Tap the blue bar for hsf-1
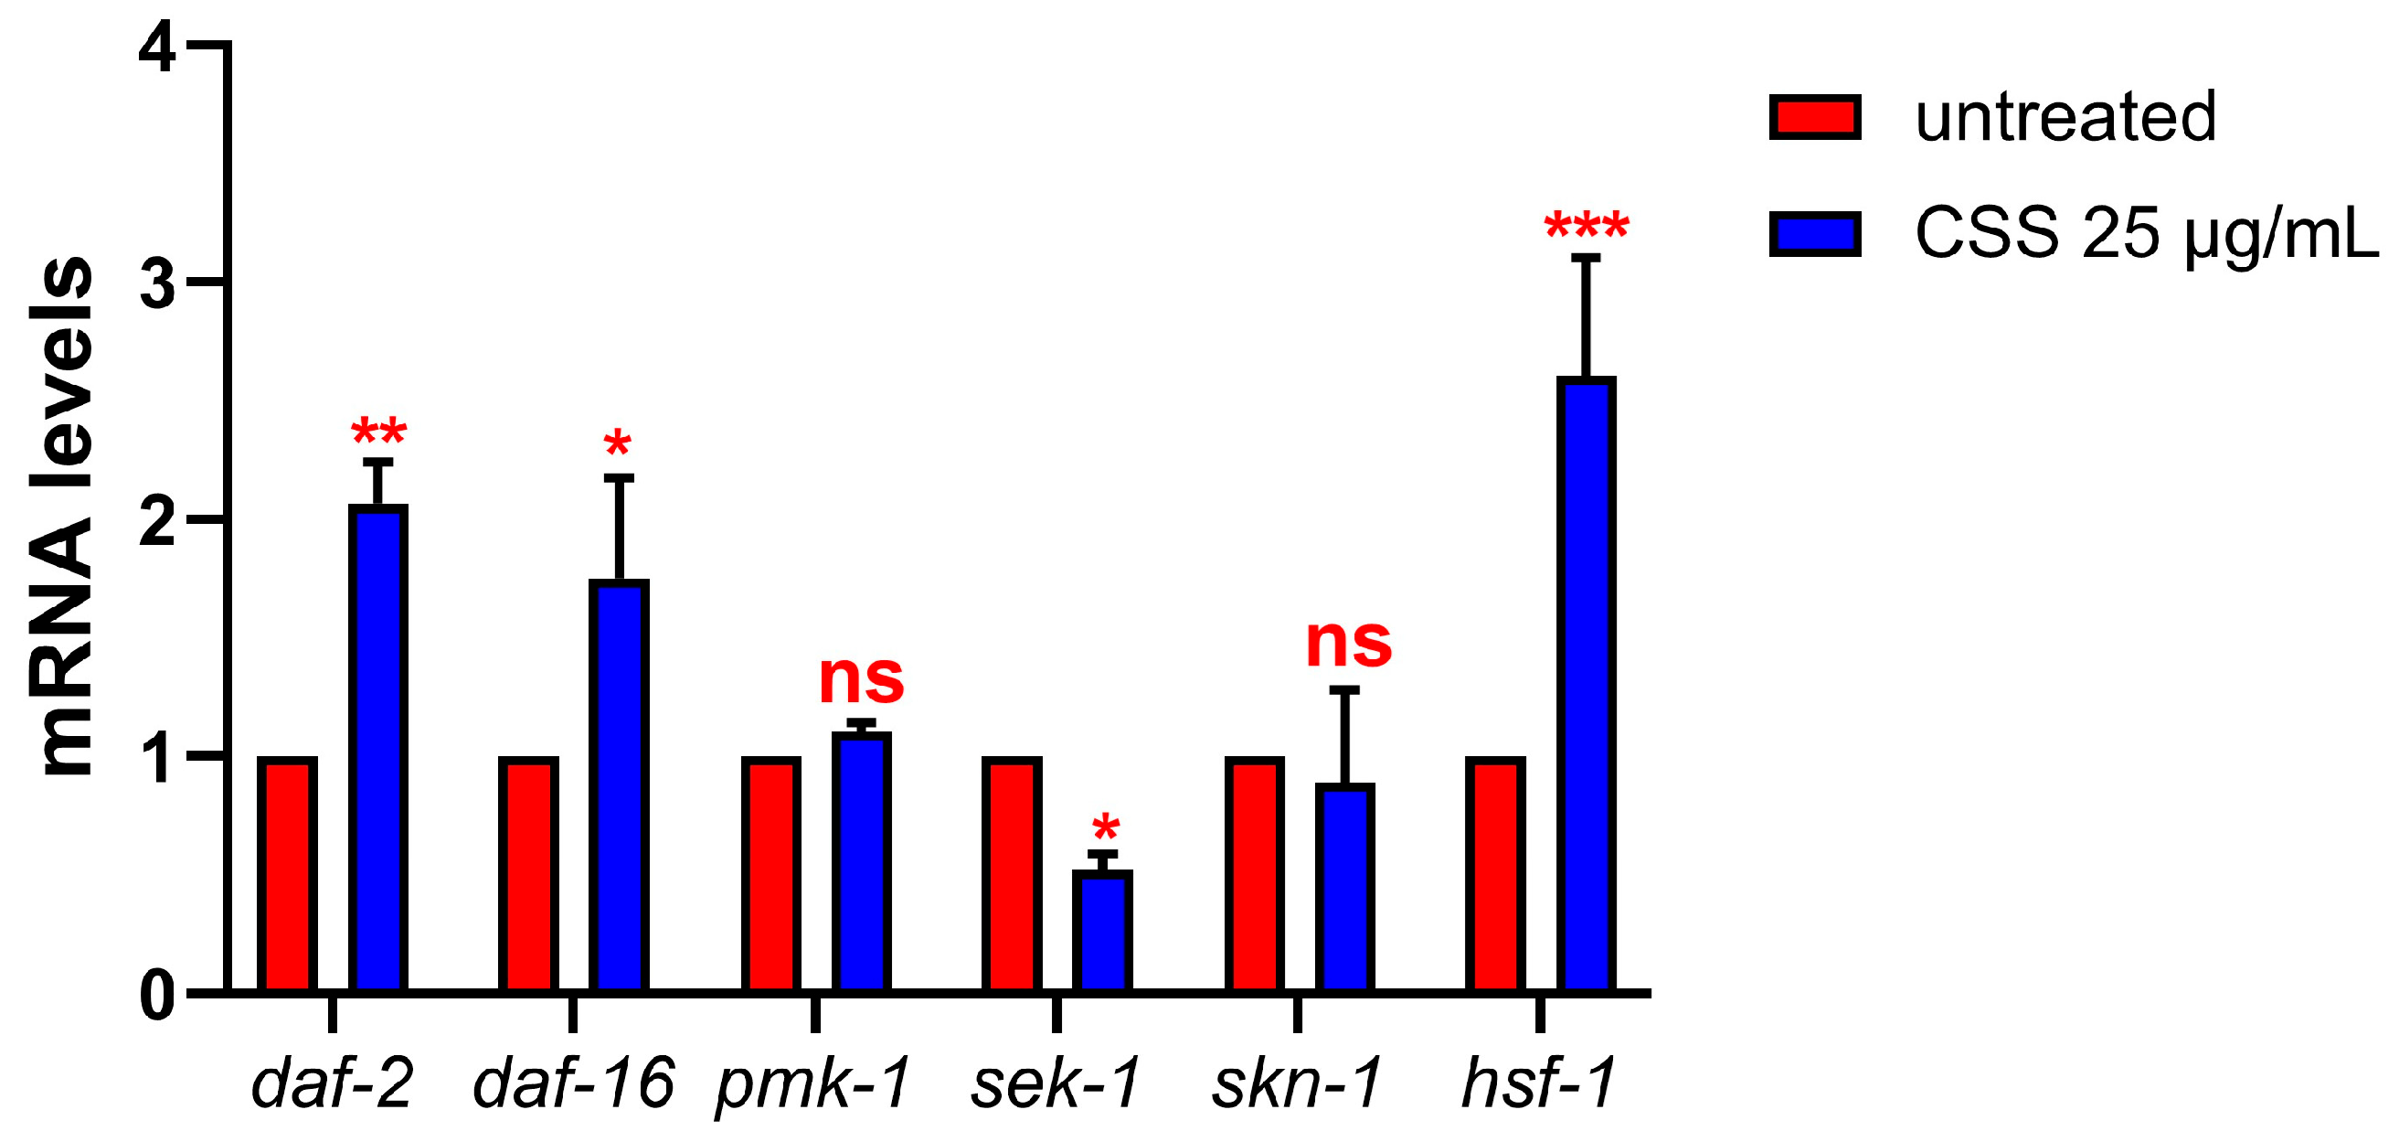pos(1586,685)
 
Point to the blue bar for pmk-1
pos(862,862)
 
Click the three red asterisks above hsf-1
pos(1586,227)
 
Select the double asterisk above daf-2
pos(378,433)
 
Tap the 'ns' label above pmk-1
pos(862,679)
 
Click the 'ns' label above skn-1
pos(1348,643)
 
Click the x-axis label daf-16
pos(573,1083)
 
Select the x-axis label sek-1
pos(1056,1083)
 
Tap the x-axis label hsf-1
pos(1538,1083)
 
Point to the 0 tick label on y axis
pos(157,996)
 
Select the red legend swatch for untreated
pos(1814,118)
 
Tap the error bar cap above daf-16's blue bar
pos(619,478)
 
